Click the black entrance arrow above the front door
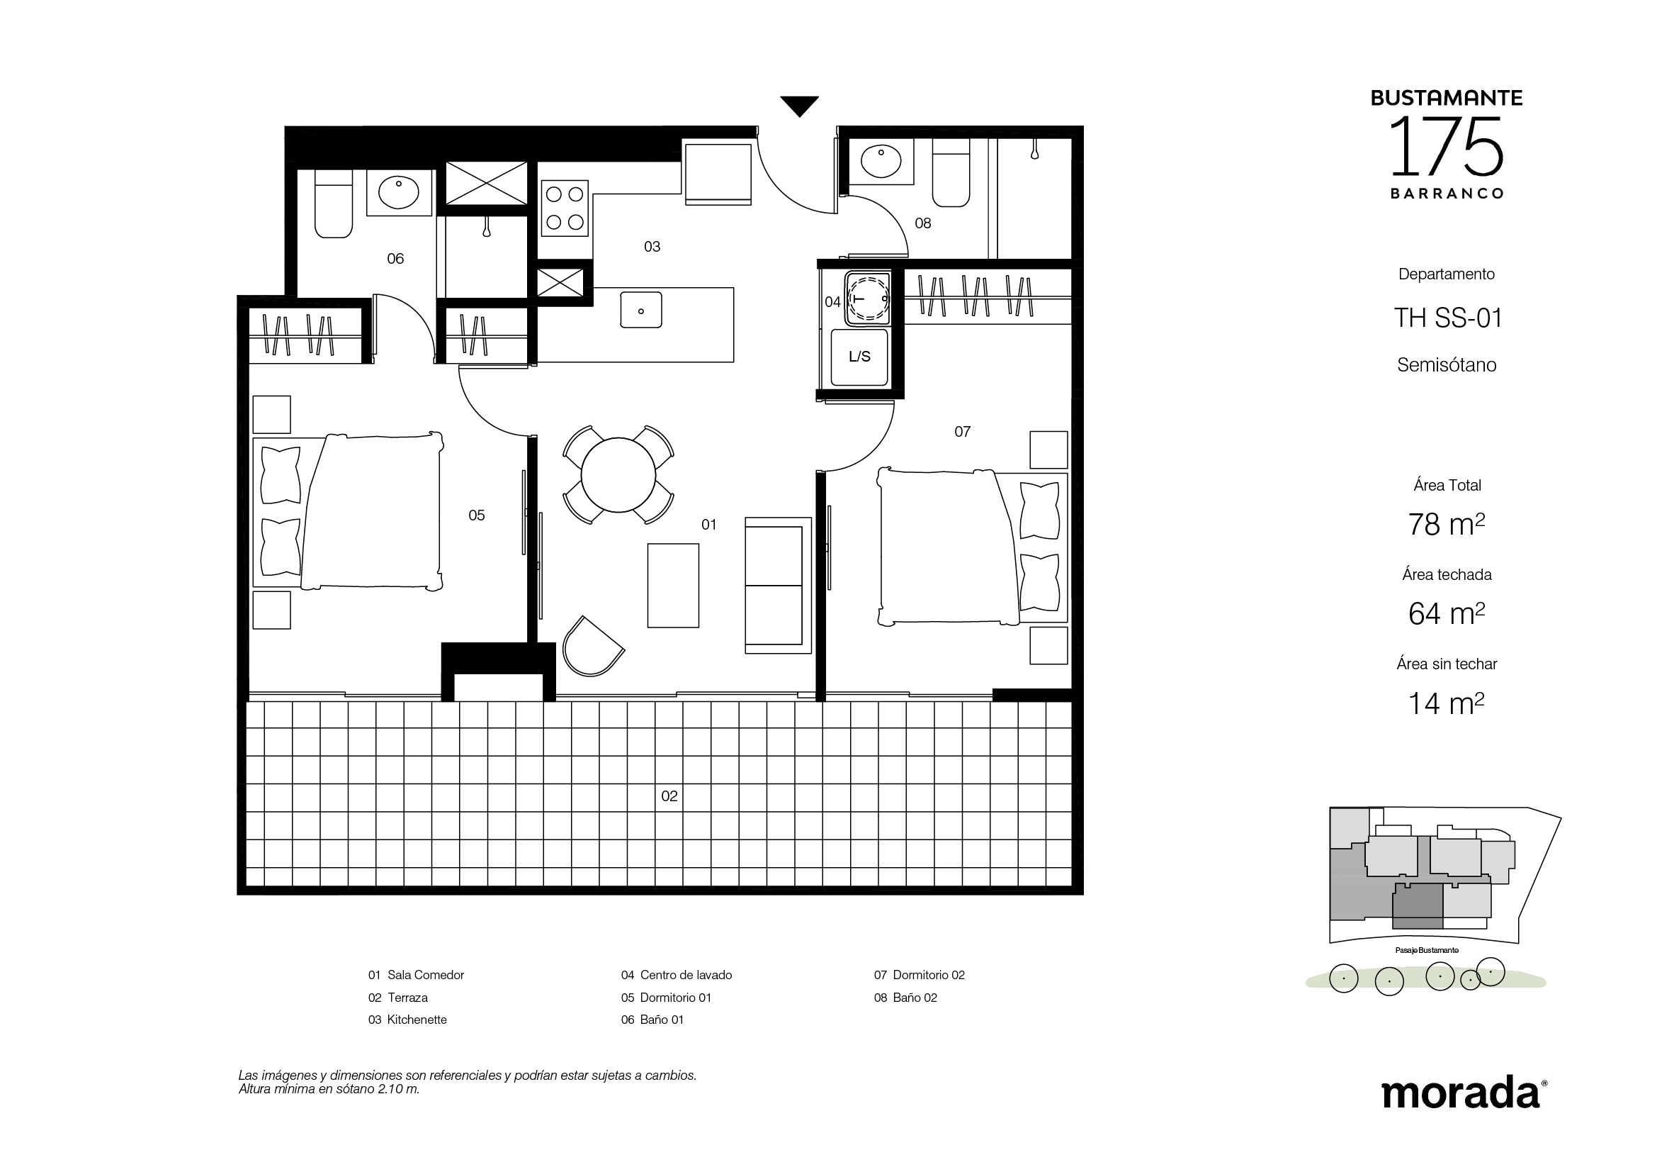(x=800, y=106)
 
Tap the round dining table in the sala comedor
(x=618, y=474)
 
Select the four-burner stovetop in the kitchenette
(x=565, y=208)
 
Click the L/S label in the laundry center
(x=859, y=357)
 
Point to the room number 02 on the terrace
(x=669, y=796)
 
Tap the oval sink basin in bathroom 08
(x=881, y=161)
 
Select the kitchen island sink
(x=641, y=310)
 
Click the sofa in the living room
(x=778, y=586)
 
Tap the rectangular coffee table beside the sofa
(x=673, y=586)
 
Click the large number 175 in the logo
(x=1447, y=147)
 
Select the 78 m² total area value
(x=1447, y=524)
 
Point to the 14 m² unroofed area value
(x=1447, y=703)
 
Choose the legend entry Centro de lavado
(x=677, y=975)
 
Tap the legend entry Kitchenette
(x=407, y=1020)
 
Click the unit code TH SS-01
(x=1448, y=318)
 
